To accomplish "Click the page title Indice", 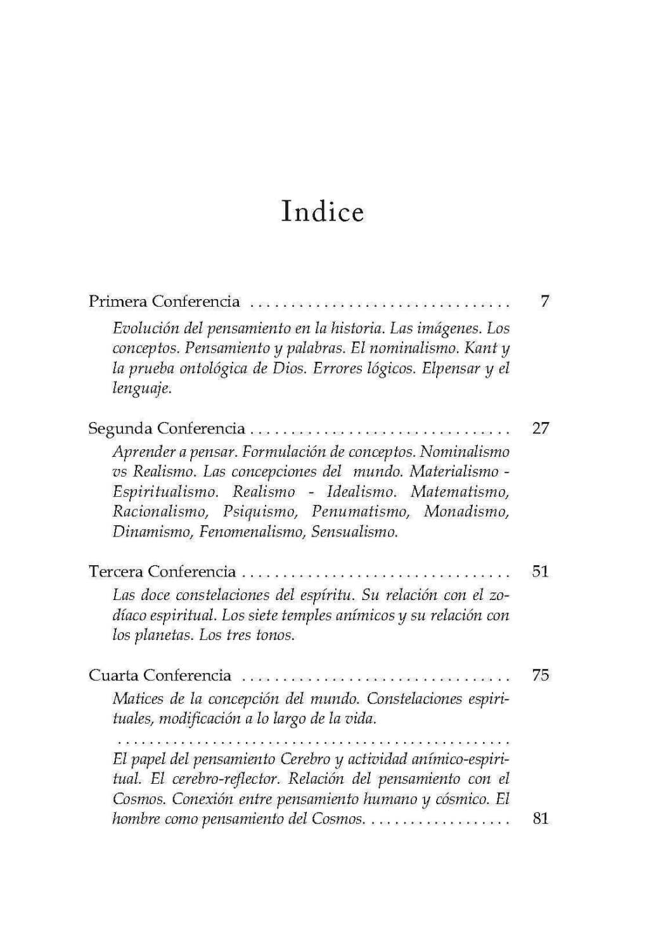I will (x=323, y=212).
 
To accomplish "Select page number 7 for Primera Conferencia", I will (x=544, y=301).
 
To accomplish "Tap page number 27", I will (x=541, y=428).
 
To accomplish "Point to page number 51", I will (x=541, y=572).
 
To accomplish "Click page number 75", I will (x=541, y=675).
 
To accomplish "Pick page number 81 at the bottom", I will (x=541, y=819).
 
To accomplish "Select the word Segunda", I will (x=120, y=428).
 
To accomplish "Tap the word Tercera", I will (x=116, y=572).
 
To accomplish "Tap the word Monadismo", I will (x=466, y=511).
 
